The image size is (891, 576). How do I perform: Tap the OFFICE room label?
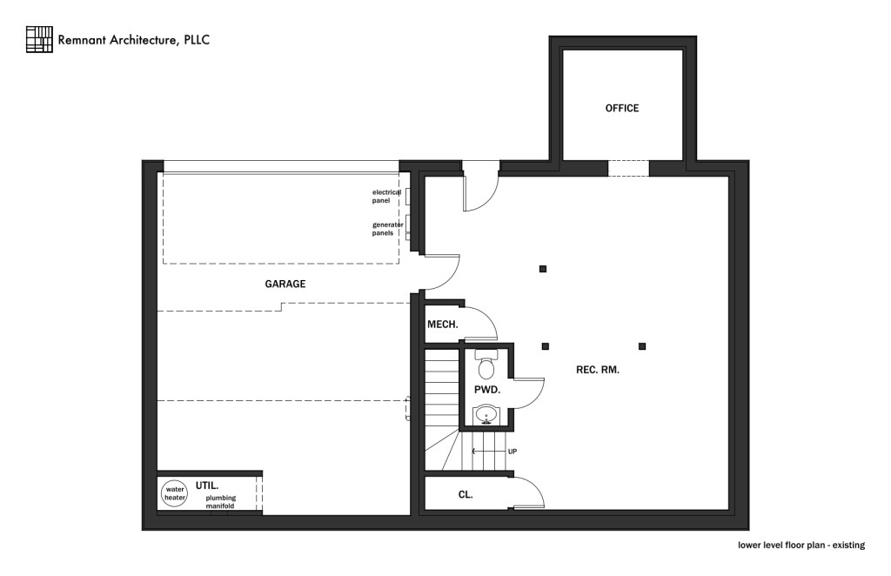click(622, 109)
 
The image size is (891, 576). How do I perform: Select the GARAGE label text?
click(285, 285)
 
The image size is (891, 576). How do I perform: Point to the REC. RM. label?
click(598, 370)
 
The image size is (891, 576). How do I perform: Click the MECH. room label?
click(442, 325)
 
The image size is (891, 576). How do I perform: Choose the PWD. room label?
click(486, 391)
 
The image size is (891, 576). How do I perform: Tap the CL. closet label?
click(465, 494)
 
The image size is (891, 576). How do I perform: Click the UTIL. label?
click(206, 484)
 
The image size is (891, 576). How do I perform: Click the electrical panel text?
click(386, 196)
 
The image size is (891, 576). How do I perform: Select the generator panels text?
click(387, 229)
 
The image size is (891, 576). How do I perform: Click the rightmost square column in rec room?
click(642, 346)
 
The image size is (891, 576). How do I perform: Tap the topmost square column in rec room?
click(543, 269)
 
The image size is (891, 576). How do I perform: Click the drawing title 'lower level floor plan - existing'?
click(801, 546)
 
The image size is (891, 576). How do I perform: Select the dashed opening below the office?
click(628, 168)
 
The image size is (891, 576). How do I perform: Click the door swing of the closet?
click(529, 492)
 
